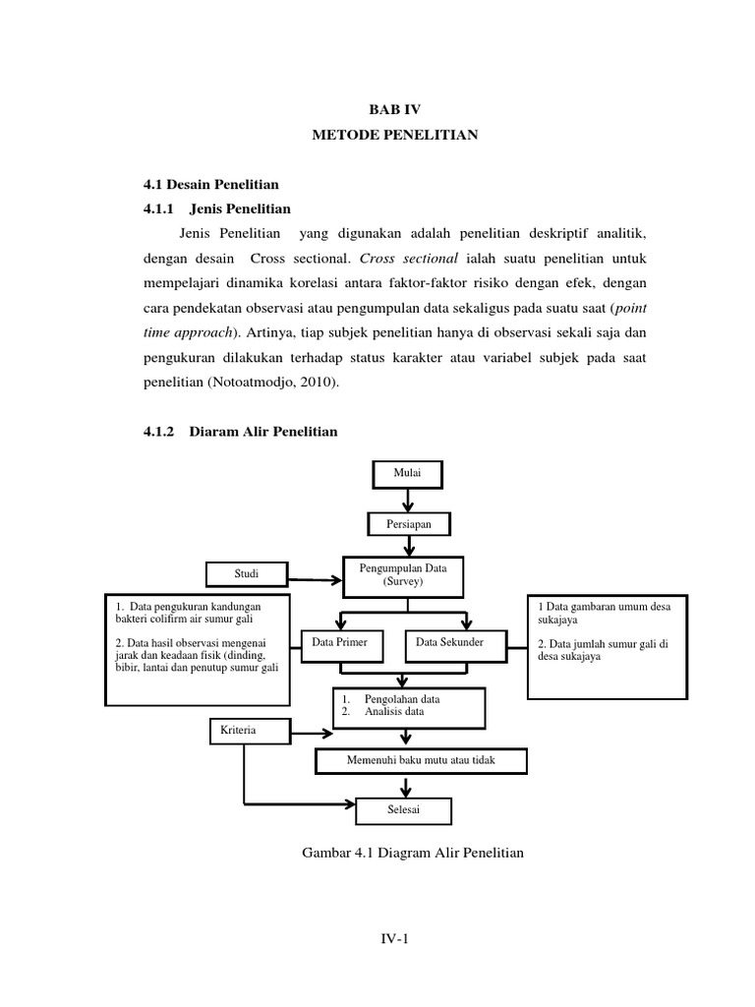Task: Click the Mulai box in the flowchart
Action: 407,474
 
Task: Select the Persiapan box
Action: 407,525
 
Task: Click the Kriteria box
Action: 249,731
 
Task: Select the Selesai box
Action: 404,809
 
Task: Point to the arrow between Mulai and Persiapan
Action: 407,500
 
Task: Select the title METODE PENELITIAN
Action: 395,136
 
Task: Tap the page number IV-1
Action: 394,940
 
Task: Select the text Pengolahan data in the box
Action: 402,699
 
